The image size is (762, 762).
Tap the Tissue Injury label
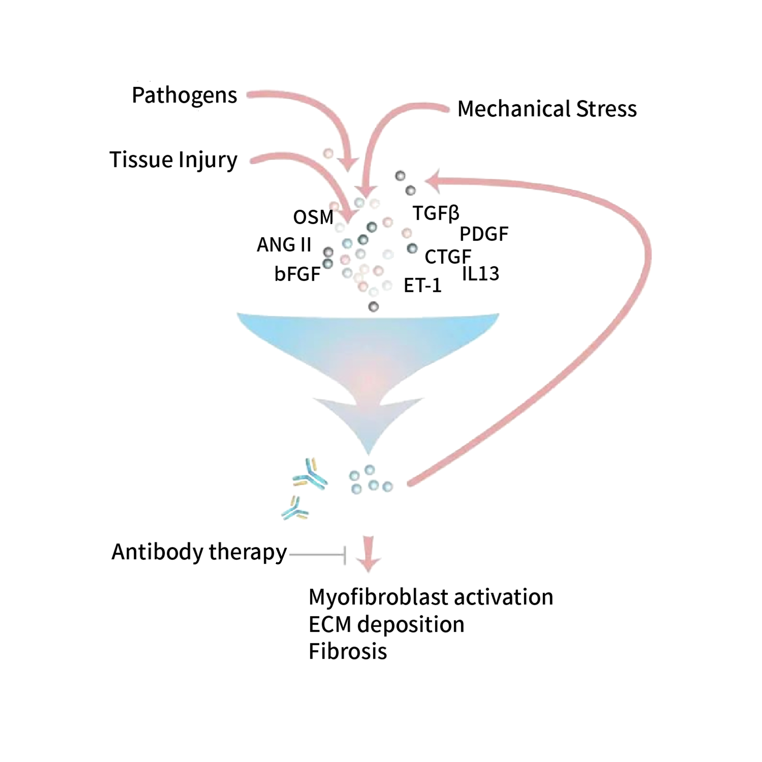[x=173, y=160]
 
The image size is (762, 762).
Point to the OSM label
[x=313, y=217]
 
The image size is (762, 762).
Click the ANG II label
[x=284, y=245]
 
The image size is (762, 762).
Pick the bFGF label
[x=297, y=274]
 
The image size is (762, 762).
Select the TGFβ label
[x=436, y=213]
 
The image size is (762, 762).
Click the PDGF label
[x=484, y=234]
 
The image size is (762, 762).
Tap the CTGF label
[x=448, y=257]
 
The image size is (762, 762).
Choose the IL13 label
[x=480, y=273]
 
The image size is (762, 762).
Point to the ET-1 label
[x=422, y=285]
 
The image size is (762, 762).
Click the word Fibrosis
[x=347, y=651]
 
